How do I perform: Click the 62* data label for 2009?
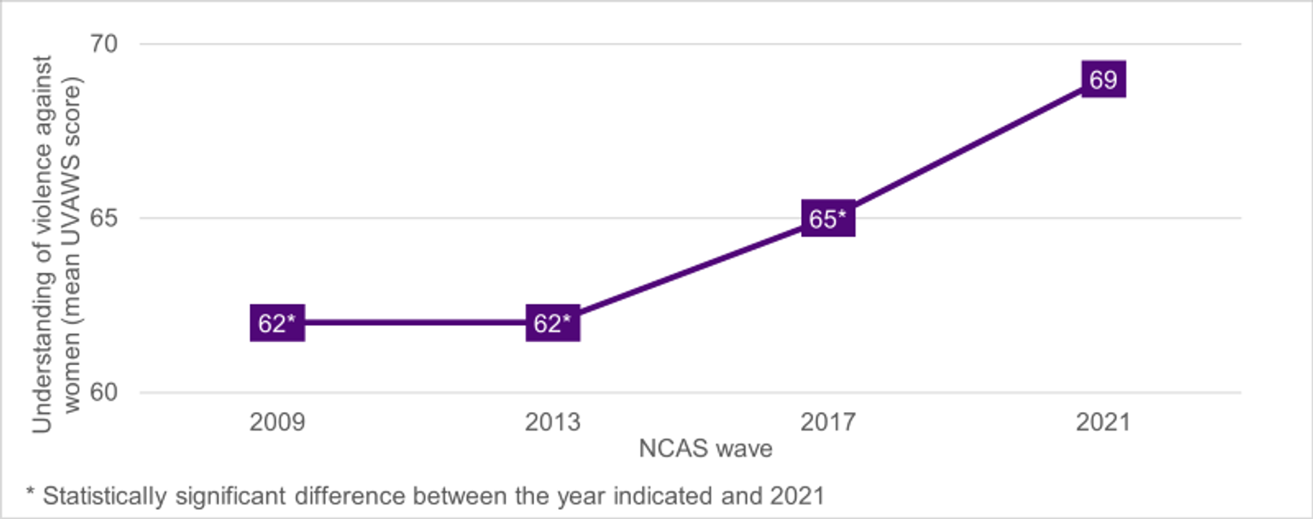277,323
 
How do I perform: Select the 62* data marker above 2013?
552,323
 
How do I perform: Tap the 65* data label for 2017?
827,219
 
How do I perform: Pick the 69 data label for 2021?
1103,80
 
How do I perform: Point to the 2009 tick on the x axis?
277,422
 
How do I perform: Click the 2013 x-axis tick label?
552,422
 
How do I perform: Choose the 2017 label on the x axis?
827,422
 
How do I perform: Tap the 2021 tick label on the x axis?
1103,422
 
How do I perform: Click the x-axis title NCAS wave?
705,449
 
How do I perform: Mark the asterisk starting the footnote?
31,493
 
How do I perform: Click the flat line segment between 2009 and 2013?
415,323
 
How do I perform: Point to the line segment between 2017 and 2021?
965,150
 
